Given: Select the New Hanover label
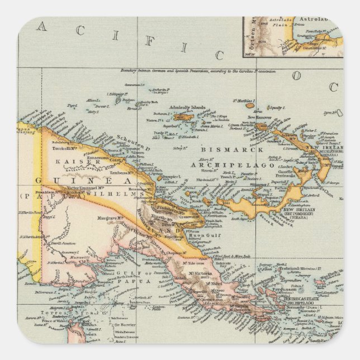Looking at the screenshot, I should pos(259,118).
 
